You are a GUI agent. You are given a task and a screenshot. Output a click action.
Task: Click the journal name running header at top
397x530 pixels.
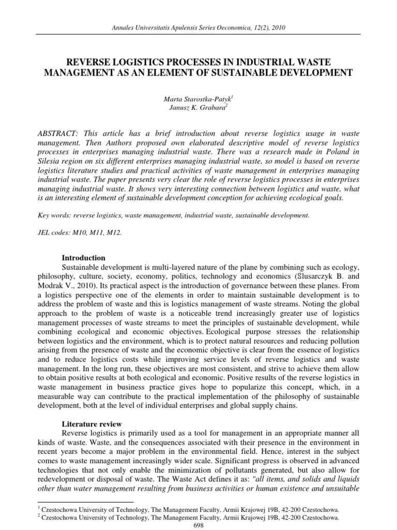pos(198,27)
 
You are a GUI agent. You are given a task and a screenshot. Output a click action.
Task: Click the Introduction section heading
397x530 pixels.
pos(84,258)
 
